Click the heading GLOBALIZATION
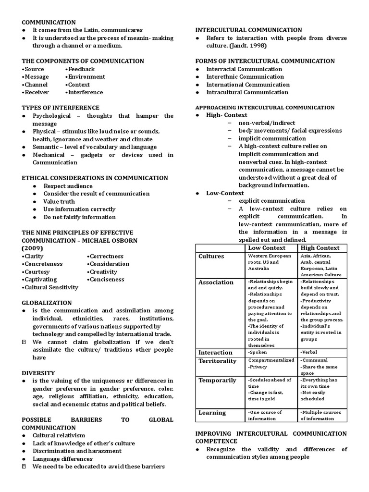[x=47, y=303]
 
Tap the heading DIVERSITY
[x=38, y=373]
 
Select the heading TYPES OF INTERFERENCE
[x=61, y=108]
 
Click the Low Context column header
[x=266, y=248]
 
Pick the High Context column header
[x=320, y=248]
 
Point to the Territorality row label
[x=217, y=361]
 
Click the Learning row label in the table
[x=212, y=413]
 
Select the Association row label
[x=216, y=283]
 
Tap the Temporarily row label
[x=217, y=381]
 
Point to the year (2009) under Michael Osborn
[x=33, y=248]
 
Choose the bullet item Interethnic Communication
[x=245, y=77]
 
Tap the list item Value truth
[x=59, y=201]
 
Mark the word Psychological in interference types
[x=52, y=116]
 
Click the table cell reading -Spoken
[x=258, y=352]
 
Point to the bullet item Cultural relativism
[x=59, y=435]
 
